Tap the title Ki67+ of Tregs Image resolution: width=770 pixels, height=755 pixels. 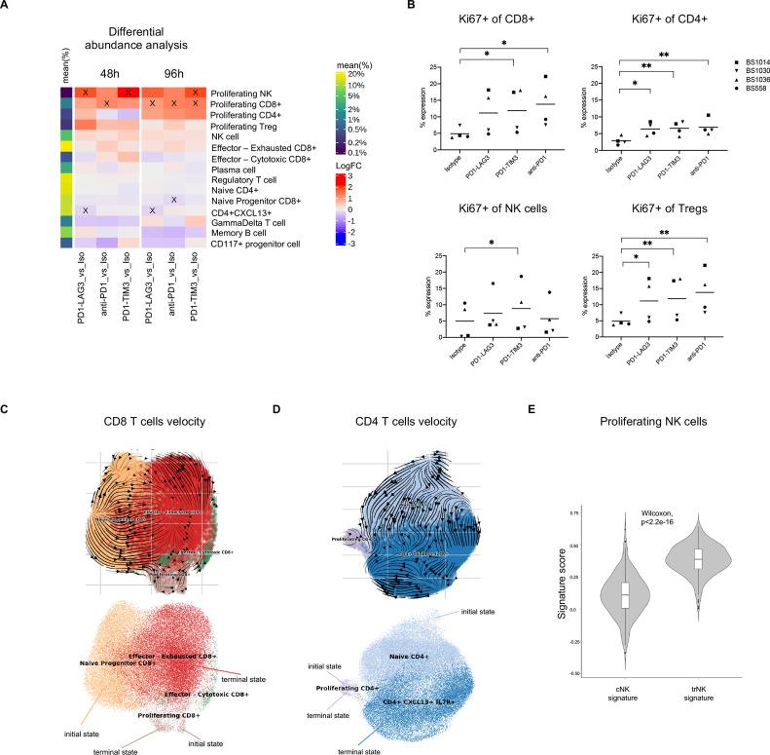click(x=669, y=215)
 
